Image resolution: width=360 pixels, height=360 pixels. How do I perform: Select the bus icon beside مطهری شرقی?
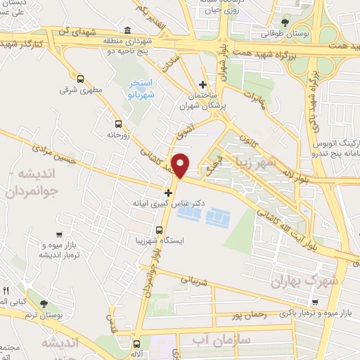[81, 79]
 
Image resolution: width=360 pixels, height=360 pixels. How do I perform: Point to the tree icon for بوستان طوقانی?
[285, 22]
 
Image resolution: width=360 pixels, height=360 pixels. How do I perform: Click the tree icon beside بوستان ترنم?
[44, 304]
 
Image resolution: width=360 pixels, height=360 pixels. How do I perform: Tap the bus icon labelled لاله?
[136, 344]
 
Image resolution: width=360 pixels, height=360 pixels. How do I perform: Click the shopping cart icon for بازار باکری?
[315, 302]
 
